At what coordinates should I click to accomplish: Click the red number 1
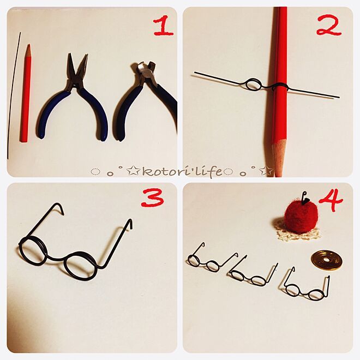(x=163, y=27)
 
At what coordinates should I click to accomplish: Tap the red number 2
(x=329, y=25)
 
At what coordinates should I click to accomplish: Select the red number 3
(x=152, y=197)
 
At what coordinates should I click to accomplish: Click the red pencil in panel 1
(x=26, y=93)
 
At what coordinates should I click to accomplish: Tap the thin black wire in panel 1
(x=14, y=95)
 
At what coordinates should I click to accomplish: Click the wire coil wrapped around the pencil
(x=280, y=87)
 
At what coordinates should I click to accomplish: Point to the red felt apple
(x=301, y=215)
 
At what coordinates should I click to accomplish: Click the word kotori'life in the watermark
(x=182, y=171)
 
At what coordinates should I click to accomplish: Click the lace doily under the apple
(x=298, y=232)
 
